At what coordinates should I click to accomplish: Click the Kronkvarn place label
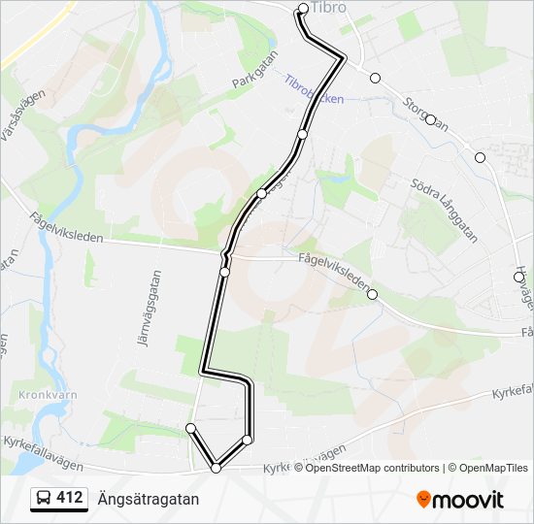40,395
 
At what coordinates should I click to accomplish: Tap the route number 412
70,498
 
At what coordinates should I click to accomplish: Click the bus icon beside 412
44,499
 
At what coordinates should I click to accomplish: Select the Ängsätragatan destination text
148,499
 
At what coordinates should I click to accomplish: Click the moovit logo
460,500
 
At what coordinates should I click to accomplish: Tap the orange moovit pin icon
423,499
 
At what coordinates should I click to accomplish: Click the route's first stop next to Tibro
303,9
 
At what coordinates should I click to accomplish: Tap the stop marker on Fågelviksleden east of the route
372,295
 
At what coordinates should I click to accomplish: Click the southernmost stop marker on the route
216,468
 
